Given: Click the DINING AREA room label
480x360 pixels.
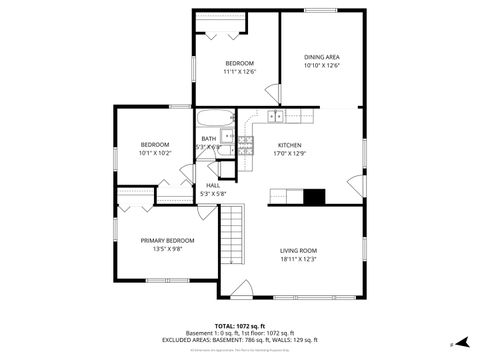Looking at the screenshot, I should click(322, 57).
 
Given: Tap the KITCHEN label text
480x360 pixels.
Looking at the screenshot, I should click(289, 145).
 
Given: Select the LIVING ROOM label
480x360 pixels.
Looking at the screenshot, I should click(297, 250).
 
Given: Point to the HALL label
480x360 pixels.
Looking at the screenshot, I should click(213, 185).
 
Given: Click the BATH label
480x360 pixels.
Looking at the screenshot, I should click(208, 139).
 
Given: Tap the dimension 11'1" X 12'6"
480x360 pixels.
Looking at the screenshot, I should click(239, 72).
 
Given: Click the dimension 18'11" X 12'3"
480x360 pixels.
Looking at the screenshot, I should click(297, 259).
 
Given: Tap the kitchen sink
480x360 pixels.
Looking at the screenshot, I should click(275, 116).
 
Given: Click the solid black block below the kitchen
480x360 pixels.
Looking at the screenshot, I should click(315, 197).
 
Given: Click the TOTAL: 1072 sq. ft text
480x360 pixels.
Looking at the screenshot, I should click(239, 325).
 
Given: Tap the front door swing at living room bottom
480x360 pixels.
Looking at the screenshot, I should click(242, 289).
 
